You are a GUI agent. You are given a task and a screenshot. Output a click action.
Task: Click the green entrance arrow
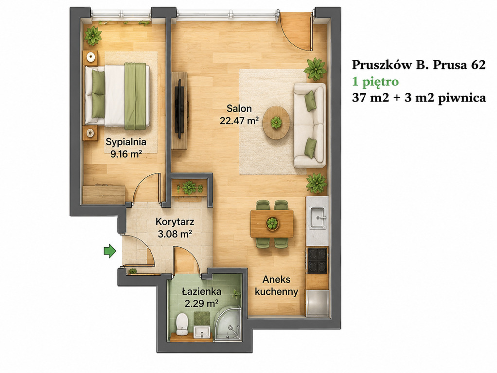pos(110,251)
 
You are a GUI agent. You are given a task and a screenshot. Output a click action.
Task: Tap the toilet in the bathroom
pos(182,323)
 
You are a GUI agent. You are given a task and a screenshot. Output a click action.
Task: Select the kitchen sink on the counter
pos(318,218)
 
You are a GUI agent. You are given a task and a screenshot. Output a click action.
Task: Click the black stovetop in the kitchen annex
pos(317,260)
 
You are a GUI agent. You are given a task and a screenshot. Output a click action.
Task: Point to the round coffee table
pos(276,122)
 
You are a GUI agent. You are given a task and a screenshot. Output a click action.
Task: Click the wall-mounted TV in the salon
pos(180,109)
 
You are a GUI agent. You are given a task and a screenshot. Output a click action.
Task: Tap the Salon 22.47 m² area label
pos(239,115)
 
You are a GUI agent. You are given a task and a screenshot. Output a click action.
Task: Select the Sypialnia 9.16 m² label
pos(126,148)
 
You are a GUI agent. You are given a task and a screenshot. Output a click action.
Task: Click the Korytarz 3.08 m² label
pos(175,228)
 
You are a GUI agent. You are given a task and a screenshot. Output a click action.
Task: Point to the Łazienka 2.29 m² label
pos(202,297)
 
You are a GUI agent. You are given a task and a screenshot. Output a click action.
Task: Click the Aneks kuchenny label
pos(276,286)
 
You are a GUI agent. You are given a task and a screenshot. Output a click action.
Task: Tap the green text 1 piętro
pos(375,82)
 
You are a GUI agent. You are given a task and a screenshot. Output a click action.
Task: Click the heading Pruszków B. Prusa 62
pos(419,65)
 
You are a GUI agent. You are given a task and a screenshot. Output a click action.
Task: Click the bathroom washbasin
pos(201,332)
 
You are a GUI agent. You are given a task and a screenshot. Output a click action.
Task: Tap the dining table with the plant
pos(272,223)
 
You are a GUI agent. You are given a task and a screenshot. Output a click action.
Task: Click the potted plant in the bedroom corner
pos(93,35)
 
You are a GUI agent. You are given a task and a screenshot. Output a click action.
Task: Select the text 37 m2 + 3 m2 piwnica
pos(419,98)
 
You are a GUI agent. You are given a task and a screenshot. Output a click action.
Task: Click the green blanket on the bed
pos(135,96)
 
